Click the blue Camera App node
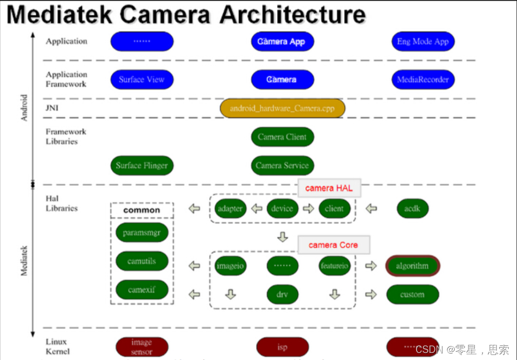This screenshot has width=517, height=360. point(282,42)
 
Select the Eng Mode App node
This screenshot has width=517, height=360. point(423,42)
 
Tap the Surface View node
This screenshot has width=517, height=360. point(142,80)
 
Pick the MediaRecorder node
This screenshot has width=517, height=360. point(423,80)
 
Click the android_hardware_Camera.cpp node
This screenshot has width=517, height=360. point(283,108)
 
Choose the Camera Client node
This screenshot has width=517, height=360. point(282,137)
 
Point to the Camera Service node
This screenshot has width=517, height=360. point(282,165)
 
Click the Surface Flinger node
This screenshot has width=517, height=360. point(142,165)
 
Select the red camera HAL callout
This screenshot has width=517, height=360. point(329,188)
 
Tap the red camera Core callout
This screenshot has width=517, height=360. point(333,245)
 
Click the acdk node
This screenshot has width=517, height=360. point(412,208)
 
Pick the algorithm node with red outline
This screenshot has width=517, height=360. point(412,266)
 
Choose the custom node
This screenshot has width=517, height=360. point(412,294)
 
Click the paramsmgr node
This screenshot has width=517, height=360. point(142,233)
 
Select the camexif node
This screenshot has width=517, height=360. point(142,290)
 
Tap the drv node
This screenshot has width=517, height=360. point(282,294)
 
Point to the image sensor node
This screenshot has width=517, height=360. point(142,347)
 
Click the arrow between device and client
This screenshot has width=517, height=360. point(308,208)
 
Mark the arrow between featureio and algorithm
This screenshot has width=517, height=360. point(371,266)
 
